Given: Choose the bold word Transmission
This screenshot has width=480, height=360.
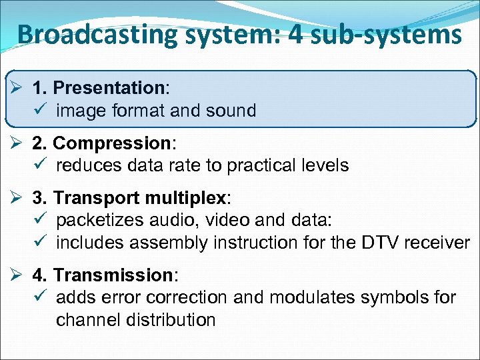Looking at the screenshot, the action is pyautogui.click(x=113, y=275).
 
